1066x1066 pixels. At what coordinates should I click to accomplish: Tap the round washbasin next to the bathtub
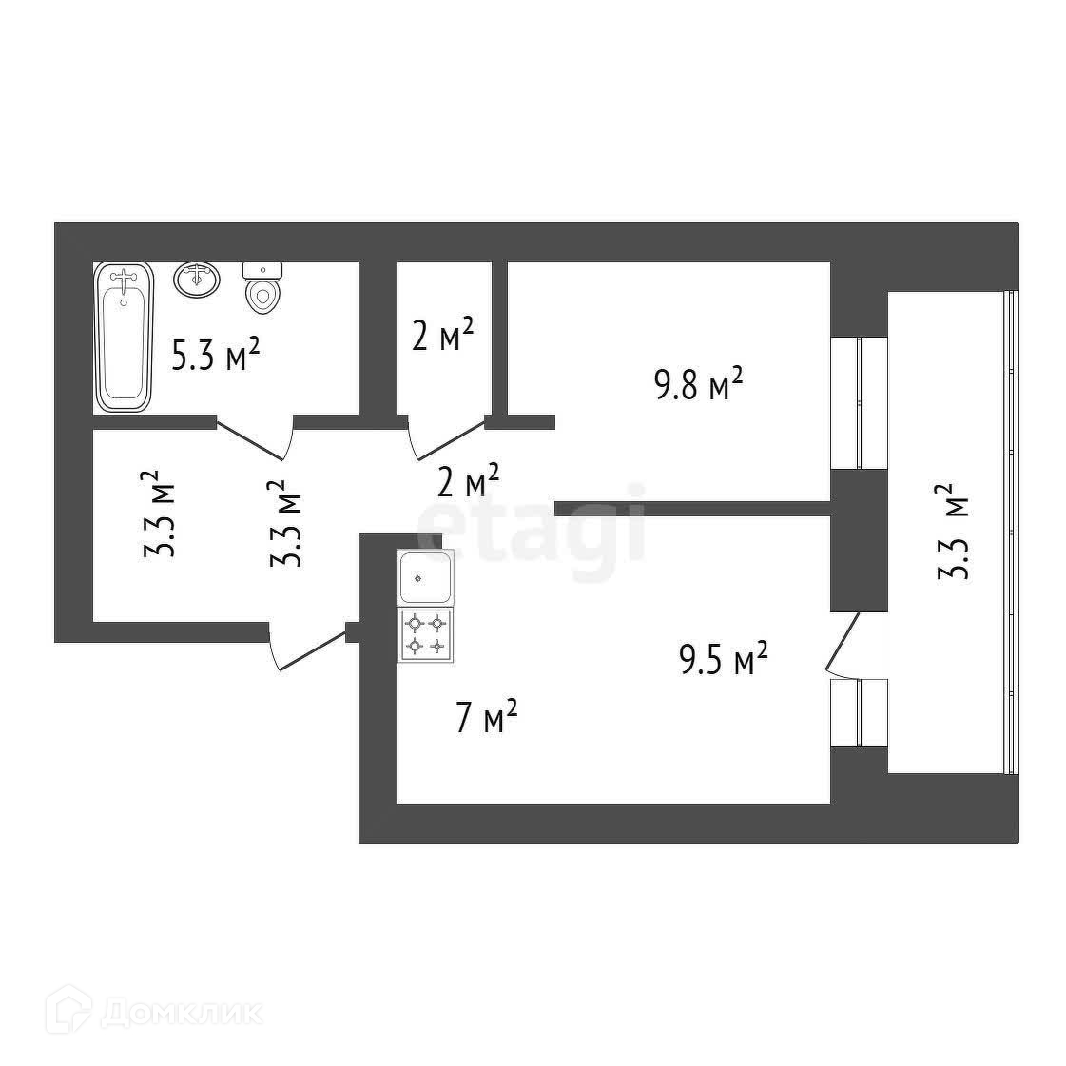click(197, 280)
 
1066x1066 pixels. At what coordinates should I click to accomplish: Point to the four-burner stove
click(426, 635)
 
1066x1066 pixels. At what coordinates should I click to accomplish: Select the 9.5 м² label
click(723, 660)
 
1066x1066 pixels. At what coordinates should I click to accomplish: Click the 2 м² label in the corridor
click(468, 482)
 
